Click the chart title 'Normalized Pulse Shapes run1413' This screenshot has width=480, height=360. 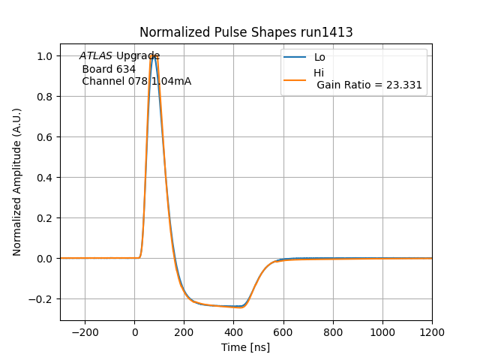click(x=246, y=32)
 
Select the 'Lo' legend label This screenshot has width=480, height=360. click(x=319, y=57)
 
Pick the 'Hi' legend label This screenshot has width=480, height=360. click(x=319, y=73)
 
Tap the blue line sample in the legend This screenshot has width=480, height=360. click(x=294, y=57)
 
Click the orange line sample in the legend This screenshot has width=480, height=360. click(x=294, y=79)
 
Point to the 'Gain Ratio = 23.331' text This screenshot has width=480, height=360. click(x=369, y=85)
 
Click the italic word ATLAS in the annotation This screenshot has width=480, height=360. click(x=96, y=55)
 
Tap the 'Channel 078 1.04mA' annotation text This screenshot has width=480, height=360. click(x=136, y=81)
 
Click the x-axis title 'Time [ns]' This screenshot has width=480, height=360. click(x=245, y=347)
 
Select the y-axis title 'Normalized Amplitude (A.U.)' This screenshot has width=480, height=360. click(x=17, y=181)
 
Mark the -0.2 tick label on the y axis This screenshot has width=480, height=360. click(x=43, y=298)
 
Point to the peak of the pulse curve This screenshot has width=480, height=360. click(x=154, y=56)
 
